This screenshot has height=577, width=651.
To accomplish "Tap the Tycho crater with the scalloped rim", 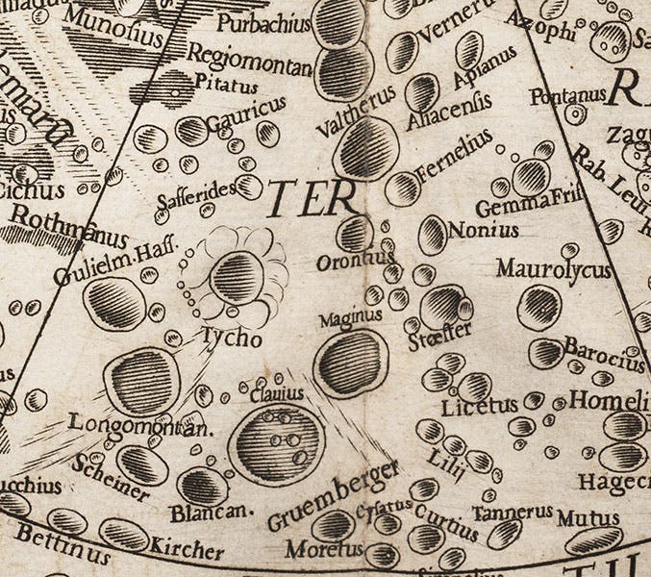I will (x=238, y=277).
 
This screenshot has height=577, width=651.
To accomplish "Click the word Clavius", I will (x=277, y=393).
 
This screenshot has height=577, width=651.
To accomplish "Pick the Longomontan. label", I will (x=139, y=424).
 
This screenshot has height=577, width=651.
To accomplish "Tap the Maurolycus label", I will (x=554, y=269).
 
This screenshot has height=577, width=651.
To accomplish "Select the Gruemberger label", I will (x=333, y=496).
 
